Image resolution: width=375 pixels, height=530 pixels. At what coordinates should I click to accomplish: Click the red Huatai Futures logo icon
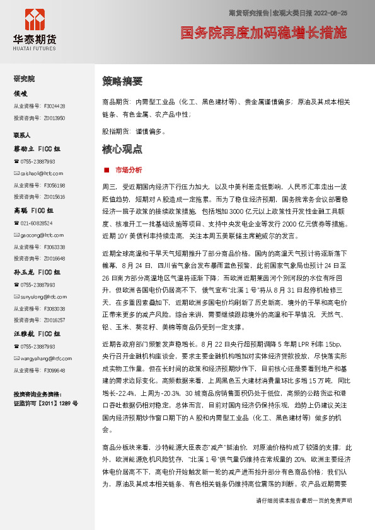[34, 21]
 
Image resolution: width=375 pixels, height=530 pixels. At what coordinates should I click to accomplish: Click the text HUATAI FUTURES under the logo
[34, 47]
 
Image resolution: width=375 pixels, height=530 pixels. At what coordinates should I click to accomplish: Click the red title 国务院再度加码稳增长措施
[263, 33]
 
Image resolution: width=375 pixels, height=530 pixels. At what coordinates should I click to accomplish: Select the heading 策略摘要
[122, 82]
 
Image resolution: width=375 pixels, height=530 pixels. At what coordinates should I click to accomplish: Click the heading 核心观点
[122, 150]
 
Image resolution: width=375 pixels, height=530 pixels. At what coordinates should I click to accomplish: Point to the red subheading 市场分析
[128, 171]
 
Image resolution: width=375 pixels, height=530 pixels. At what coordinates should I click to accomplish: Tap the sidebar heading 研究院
[25, 79]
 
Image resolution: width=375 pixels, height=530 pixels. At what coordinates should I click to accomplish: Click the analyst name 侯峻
[21, 93]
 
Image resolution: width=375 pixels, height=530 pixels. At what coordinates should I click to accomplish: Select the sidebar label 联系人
[23, 135]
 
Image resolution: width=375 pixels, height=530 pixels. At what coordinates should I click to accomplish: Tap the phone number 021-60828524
[37, 223]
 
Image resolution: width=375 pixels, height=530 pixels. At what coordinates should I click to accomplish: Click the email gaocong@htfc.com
[39, 235]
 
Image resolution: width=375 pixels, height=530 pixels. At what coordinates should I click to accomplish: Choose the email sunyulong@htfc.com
[40, 296]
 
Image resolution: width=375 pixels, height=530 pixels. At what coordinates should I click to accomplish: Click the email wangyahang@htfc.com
[43, 358]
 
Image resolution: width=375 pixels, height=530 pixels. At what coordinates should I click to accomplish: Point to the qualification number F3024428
[54, 106]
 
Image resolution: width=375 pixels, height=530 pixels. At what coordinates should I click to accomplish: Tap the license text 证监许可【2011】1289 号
[45, 402]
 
